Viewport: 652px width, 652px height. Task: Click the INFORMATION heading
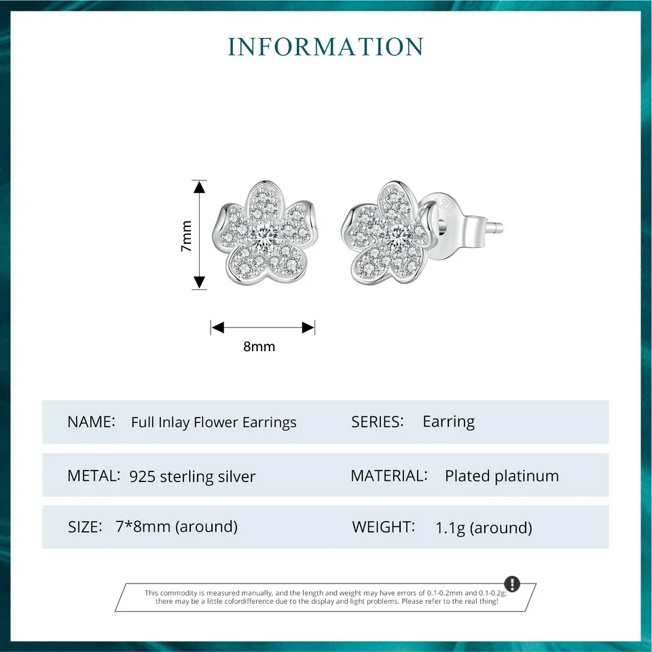[x=325, y=47]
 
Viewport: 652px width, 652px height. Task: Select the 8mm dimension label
[x=259, y=346]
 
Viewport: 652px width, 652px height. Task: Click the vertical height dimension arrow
[x=199, y=235]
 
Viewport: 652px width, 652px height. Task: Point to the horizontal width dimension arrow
[x=263, y=327]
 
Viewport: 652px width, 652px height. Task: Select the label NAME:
[x=91, y=422]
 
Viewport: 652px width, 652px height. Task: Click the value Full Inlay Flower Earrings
[x=214, y=422]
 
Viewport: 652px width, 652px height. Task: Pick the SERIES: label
[x=378, y=422]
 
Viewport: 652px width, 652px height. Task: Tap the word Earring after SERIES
[x=448, y=422]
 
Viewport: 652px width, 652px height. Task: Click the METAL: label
[x=94, y=476]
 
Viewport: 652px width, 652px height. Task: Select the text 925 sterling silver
[x=192, y=477]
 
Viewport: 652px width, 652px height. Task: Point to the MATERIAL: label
[x=389, y=476]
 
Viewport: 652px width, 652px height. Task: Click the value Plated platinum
[x=502, y=476]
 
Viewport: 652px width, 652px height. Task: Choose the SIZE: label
[x=85, y=526]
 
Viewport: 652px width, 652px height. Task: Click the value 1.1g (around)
[x=484, y=528]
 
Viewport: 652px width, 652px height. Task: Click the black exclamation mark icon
[x=512, y=584]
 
